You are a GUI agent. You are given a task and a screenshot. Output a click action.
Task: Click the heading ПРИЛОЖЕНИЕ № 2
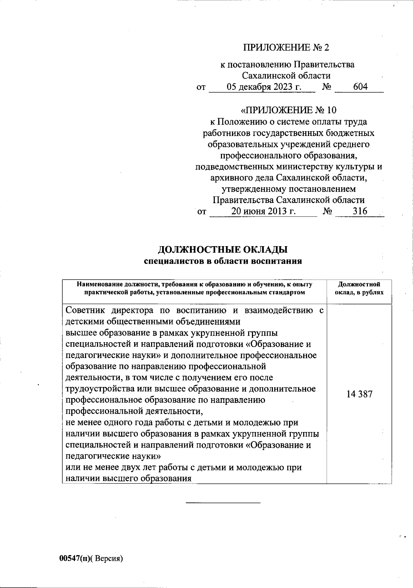pos(286,48)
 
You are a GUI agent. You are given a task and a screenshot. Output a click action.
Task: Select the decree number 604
pos(360,87)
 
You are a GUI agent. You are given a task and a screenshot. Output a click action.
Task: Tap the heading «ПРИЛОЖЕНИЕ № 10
pos(288,110)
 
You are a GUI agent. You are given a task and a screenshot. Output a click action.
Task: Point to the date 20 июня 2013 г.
pos(264,211)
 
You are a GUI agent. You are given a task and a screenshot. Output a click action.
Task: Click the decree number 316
pos(360,211)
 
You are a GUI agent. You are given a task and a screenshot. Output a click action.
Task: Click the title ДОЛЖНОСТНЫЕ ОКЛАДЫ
pos(223,249)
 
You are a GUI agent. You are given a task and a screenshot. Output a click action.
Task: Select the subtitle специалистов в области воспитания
pos(223,261)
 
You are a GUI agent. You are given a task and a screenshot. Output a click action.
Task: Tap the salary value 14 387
pos(359,395)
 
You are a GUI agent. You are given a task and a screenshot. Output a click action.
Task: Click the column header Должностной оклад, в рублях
pos(359,288)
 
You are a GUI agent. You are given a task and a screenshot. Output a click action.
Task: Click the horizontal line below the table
pos(223,503)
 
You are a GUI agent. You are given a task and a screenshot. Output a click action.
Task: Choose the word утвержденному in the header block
pos(253,189)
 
